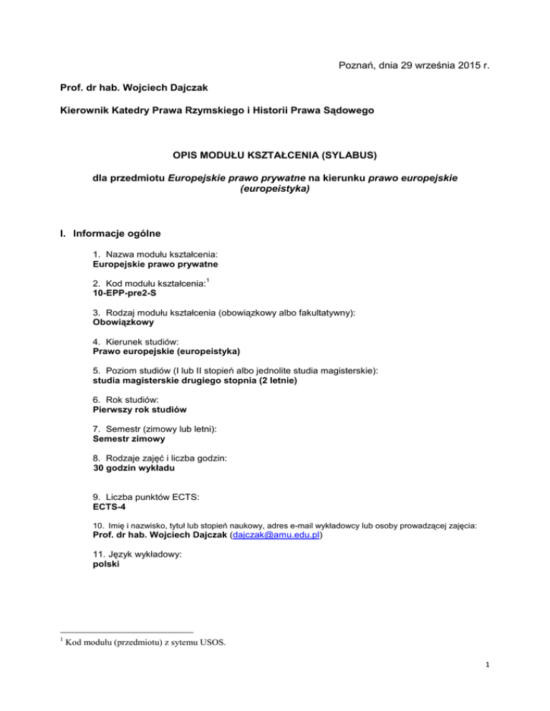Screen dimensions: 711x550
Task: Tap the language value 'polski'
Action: click(x=107, y=563)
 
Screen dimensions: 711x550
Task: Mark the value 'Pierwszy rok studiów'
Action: click(x=139, y=411)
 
